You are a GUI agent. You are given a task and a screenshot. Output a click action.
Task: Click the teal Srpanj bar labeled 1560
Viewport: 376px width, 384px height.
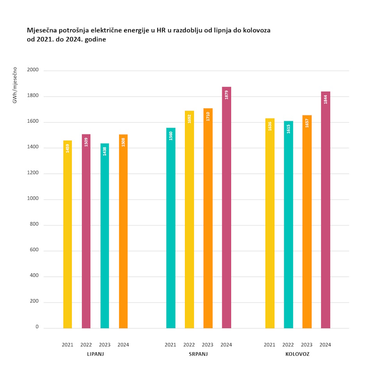(171, 228)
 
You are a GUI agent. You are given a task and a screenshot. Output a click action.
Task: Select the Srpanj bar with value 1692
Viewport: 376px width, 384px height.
(189, 219)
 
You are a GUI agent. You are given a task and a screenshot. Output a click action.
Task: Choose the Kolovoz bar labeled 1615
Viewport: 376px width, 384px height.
(288, 224)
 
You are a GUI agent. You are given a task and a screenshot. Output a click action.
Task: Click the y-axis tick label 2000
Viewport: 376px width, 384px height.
(33, 70)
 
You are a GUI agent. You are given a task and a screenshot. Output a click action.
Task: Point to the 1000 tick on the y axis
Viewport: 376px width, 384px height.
(33, 199)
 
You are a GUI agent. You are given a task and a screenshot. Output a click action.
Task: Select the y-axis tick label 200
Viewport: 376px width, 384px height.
(34, 302)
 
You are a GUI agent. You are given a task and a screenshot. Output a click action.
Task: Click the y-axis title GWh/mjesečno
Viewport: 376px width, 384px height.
(15, 85)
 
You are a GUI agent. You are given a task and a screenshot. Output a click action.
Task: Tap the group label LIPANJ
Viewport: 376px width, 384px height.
(95, 354)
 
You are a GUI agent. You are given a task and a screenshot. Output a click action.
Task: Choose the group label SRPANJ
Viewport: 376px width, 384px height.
(198, 354)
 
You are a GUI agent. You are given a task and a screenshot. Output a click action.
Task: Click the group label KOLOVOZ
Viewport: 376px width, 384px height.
(297, 354)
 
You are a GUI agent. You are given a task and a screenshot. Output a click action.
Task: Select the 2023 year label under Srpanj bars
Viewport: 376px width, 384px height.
(208, 345)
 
